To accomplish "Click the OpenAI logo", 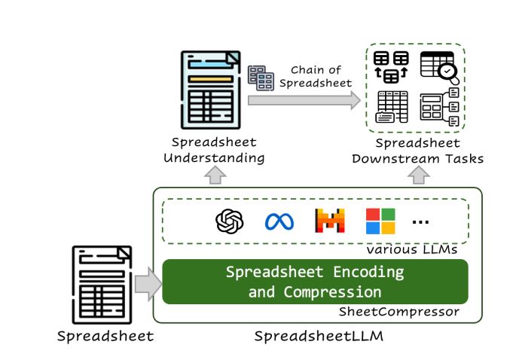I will (x=230, y=221).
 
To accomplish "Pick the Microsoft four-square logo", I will (x=380, y=221).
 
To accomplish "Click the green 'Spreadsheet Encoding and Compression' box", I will (x=315, y=281).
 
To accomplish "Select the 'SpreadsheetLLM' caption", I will (x=318, y=336).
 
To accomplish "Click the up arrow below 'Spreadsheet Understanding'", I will (x=215, y=175).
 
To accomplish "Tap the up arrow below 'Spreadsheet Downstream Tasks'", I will (x=418, y=175).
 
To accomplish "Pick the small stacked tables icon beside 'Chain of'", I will (x=261, y=78).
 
